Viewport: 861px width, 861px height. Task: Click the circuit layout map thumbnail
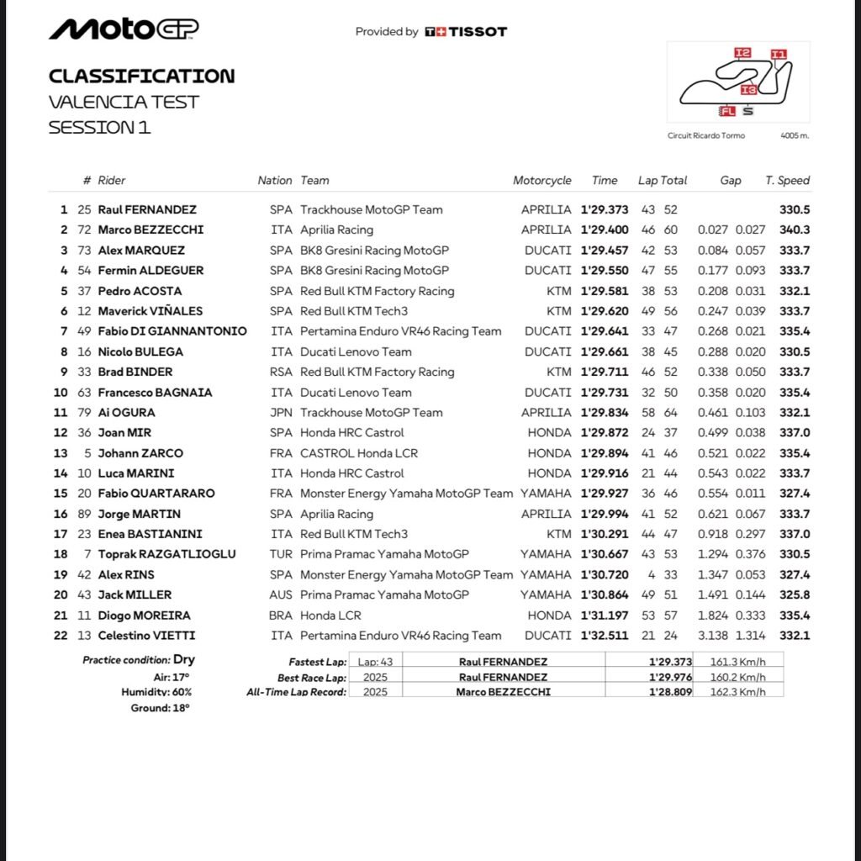pyautogui.click(x=737, y=82)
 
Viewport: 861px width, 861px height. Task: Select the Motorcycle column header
pyautogui.click(x=542, y=180)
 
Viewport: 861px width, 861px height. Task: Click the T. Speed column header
pyautogui.click(x=787, y=180)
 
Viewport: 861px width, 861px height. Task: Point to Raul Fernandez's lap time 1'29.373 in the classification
pyautogui.click(x=605, y=209)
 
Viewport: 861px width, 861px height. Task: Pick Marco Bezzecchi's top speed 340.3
pyautogui.click(x=795, y=230)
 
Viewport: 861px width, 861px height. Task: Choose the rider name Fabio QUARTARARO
pyautogui.click(x=156, y=494)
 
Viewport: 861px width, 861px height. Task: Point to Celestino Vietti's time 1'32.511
pyautogui.click(x=605, y=636)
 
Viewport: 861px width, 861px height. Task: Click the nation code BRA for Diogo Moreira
pyautogui.click(x=281, y=615)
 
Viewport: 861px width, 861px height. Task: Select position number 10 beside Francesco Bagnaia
pyautogui.click(x=61, y=392)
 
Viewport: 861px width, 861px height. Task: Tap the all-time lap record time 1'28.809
pyautogui.click(x=670, y=692)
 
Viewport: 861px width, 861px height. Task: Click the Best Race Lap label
pyautogui.click(x=312, y=678)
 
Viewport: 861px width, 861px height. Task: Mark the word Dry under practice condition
pyautogui.click(x=184, y=660)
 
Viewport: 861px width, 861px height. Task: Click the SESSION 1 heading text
pyautogui.click(x=99, y=128)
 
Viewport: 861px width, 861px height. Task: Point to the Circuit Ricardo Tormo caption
pyautogui.click(x=706, y=135)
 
